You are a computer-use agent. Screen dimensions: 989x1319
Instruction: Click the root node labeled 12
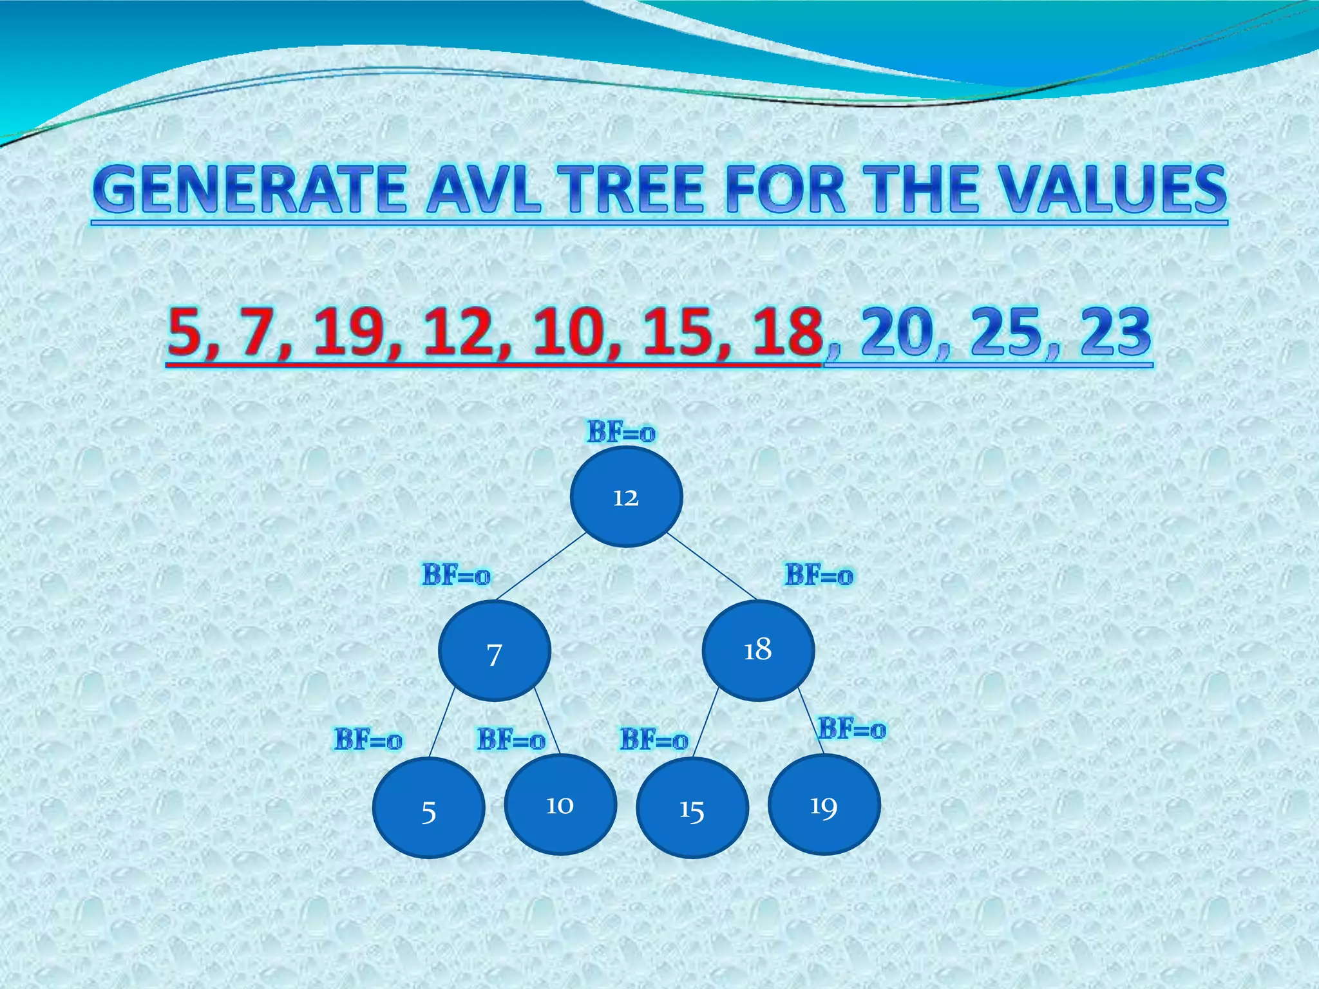(626, 497)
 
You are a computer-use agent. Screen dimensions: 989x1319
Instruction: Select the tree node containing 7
(494, 651)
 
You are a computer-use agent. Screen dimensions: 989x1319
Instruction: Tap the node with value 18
(758, 650)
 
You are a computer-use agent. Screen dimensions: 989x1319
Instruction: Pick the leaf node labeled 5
(428, 809)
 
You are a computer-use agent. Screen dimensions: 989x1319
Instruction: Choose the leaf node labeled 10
(560, 805)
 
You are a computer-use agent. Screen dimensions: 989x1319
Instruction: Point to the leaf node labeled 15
(692, 808)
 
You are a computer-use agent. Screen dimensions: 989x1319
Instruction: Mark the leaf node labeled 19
(824, 805)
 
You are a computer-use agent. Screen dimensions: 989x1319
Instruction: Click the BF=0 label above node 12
(621, 432)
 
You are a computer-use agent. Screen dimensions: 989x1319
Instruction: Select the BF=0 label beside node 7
(457, 574)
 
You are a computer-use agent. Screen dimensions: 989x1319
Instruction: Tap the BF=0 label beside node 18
(819, 575)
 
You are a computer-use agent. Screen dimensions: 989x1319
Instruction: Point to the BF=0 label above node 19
(852, 730)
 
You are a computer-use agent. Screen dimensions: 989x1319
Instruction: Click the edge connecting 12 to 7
(541, 567)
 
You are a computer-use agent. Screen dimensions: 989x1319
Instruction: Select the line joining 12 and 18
(712, 566)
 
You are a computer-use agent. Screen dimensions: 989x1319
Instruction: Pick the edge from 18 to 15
(706, 721)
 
